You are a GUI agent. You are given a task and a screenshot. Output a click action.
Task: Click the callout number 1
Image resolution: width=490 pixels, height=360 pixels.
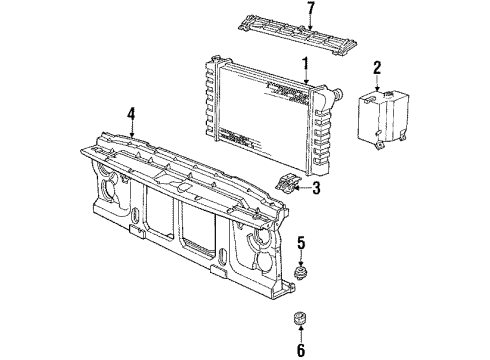pyautogui.click(x=305, y=62)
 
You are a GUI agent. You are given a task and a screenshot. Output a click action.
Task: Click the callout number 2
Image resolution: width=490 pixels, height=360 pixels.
pyautogui.click(x=377, y=68)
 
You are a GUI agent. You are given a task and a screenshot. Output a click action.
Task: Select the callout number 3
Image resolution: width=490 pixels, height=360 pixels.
pyautogui.click(x=316, y=187)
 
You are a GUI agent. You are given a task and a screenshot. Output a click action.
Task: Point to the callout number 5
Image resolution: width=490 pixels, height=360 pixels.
pyautogui.click(x=299, y=241)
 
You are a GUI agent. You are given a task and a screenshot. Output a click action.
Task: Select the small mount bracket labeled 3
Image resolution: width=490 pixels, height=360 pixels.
pyautogui.click(x=288, y=183)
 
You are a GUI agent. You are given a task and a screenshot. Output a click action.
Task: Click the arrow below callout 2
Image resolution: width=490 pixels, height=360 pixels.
pyautogui.click(x=377, y=84)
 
